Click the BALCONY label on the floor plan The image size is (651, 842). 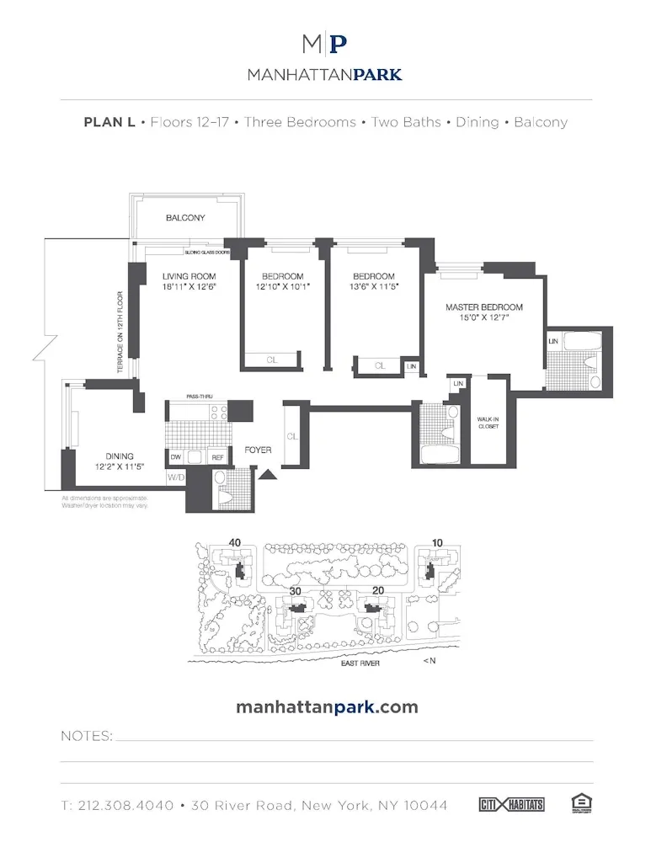click(185, 218)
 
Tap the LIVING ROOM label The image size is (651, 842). click(189, 276)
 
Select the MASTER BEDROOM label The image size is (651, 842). click(484, 307)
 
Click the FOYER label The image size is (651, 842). click(258, 450)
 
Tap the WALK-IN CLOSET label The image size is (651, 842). click(488, 422)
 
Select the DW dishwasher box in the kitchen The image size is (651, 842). click(176, 457)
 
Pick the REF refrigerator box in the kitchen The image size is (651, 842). click(217, 457)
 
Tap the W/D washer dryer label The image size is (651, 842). click(175, 477)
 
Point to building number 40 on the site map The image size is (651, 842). click(235, 542)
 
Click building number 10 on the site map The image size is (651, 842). click(436, 542)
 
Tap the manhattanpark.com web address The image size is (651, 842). click(327, 706)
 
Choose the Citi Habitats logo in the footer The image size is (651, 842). click(511, 805)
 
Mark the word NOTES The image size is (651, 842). click(86, 736)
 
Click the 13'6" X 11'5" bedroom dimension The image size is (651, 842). click(374, 286)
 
